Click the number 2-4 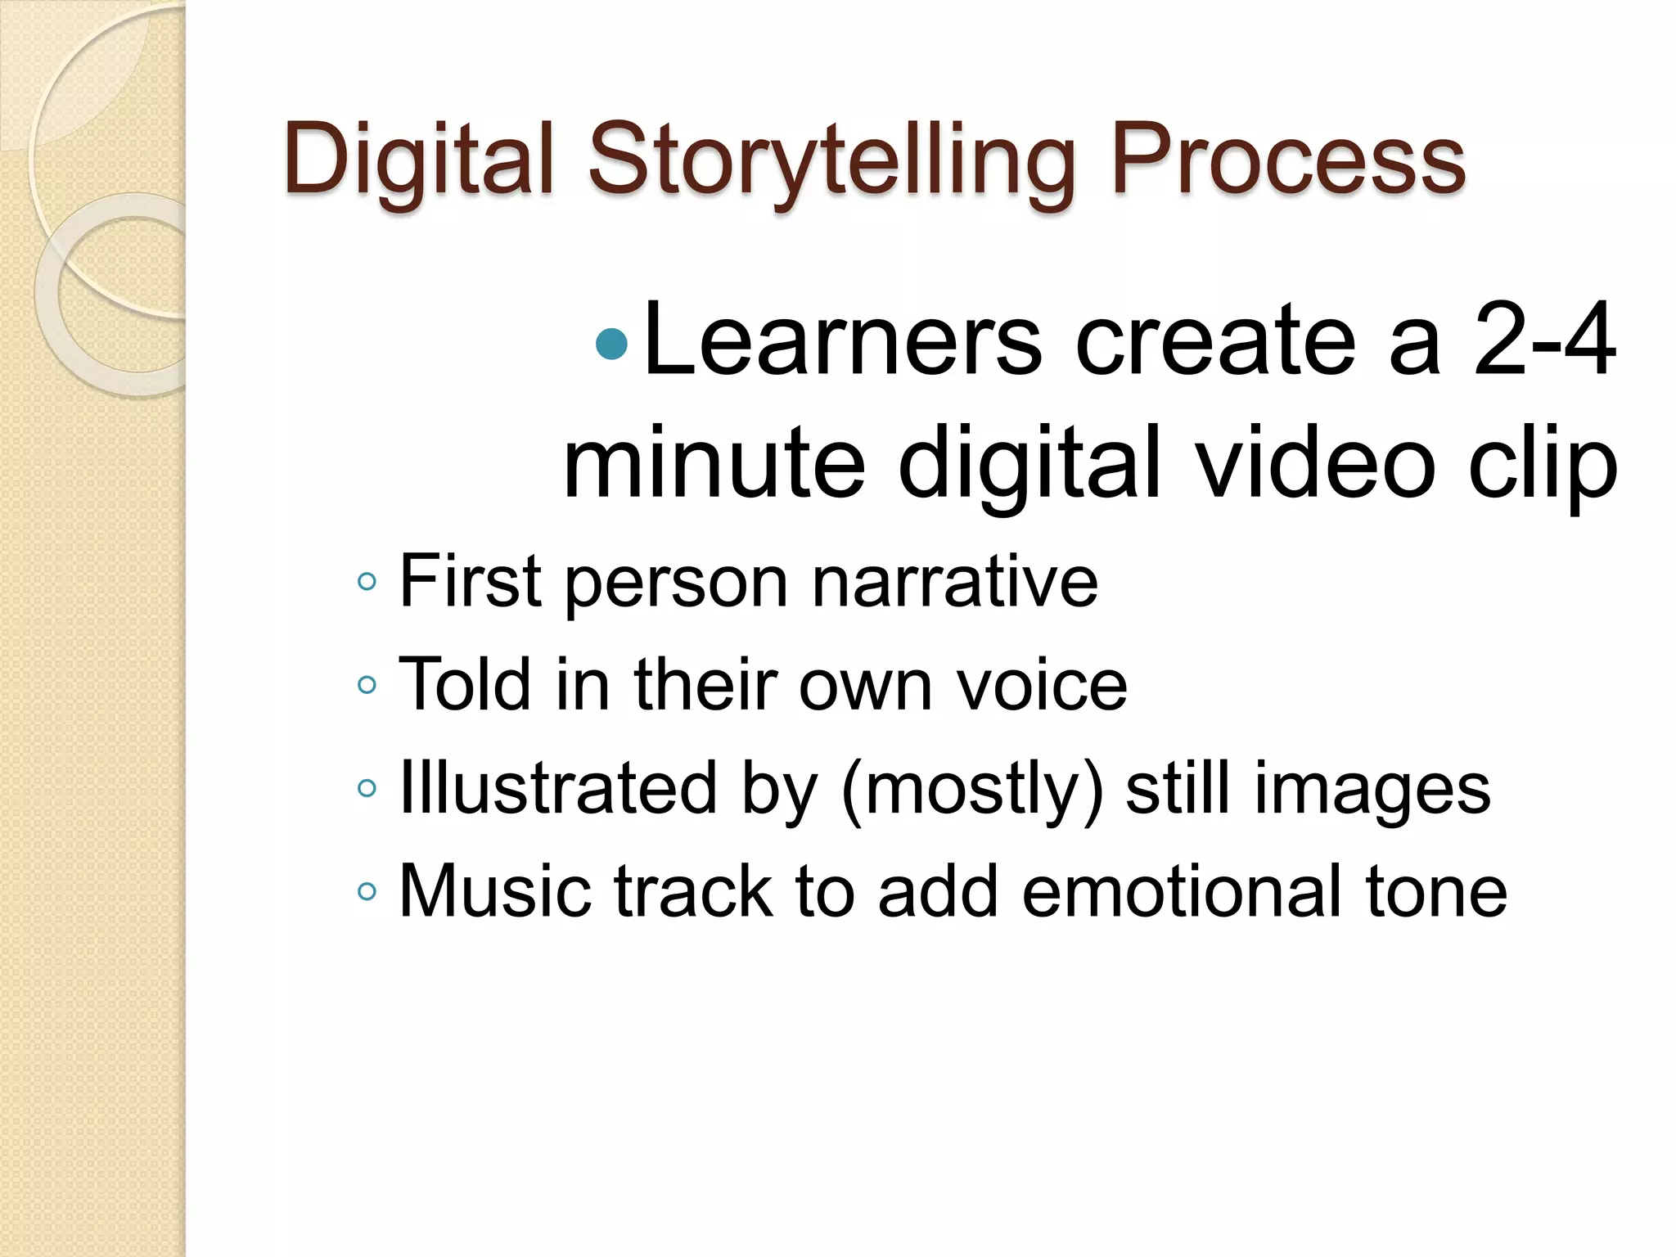1543,340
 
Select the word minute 714,463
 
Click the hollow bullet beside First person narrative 367,582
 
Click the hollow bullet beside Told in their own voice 367,684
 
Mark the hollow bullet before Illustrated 367,788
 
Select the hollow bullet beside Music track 367,890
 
